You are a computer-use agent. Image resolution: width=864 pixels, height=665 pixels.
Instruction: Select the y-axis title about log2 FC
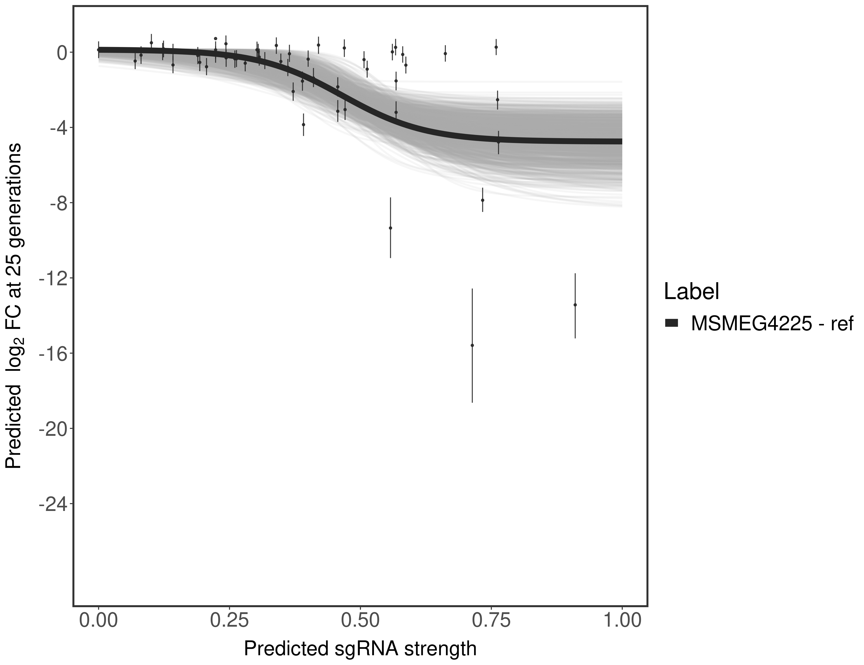tap(14, 306)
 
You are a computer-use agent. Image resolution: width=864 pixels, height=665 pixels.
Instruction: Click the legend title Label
tap(691, 292)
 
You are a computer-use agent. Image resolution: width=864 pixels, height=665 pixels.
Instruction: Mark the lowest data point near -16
tap(472, 345)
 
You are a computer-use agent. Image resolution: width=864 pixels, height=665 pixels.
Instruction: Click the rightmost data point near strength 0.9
tap(575, 305)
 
